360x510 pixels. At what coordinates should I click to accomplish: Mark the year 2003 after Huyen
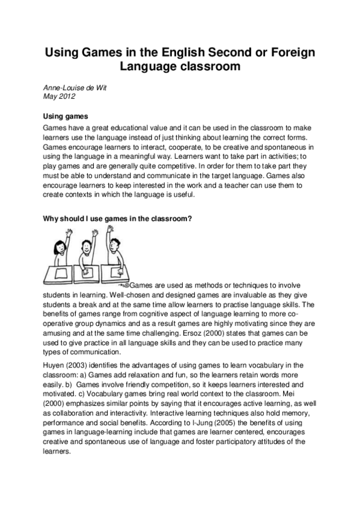click(x=79, y=365)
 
